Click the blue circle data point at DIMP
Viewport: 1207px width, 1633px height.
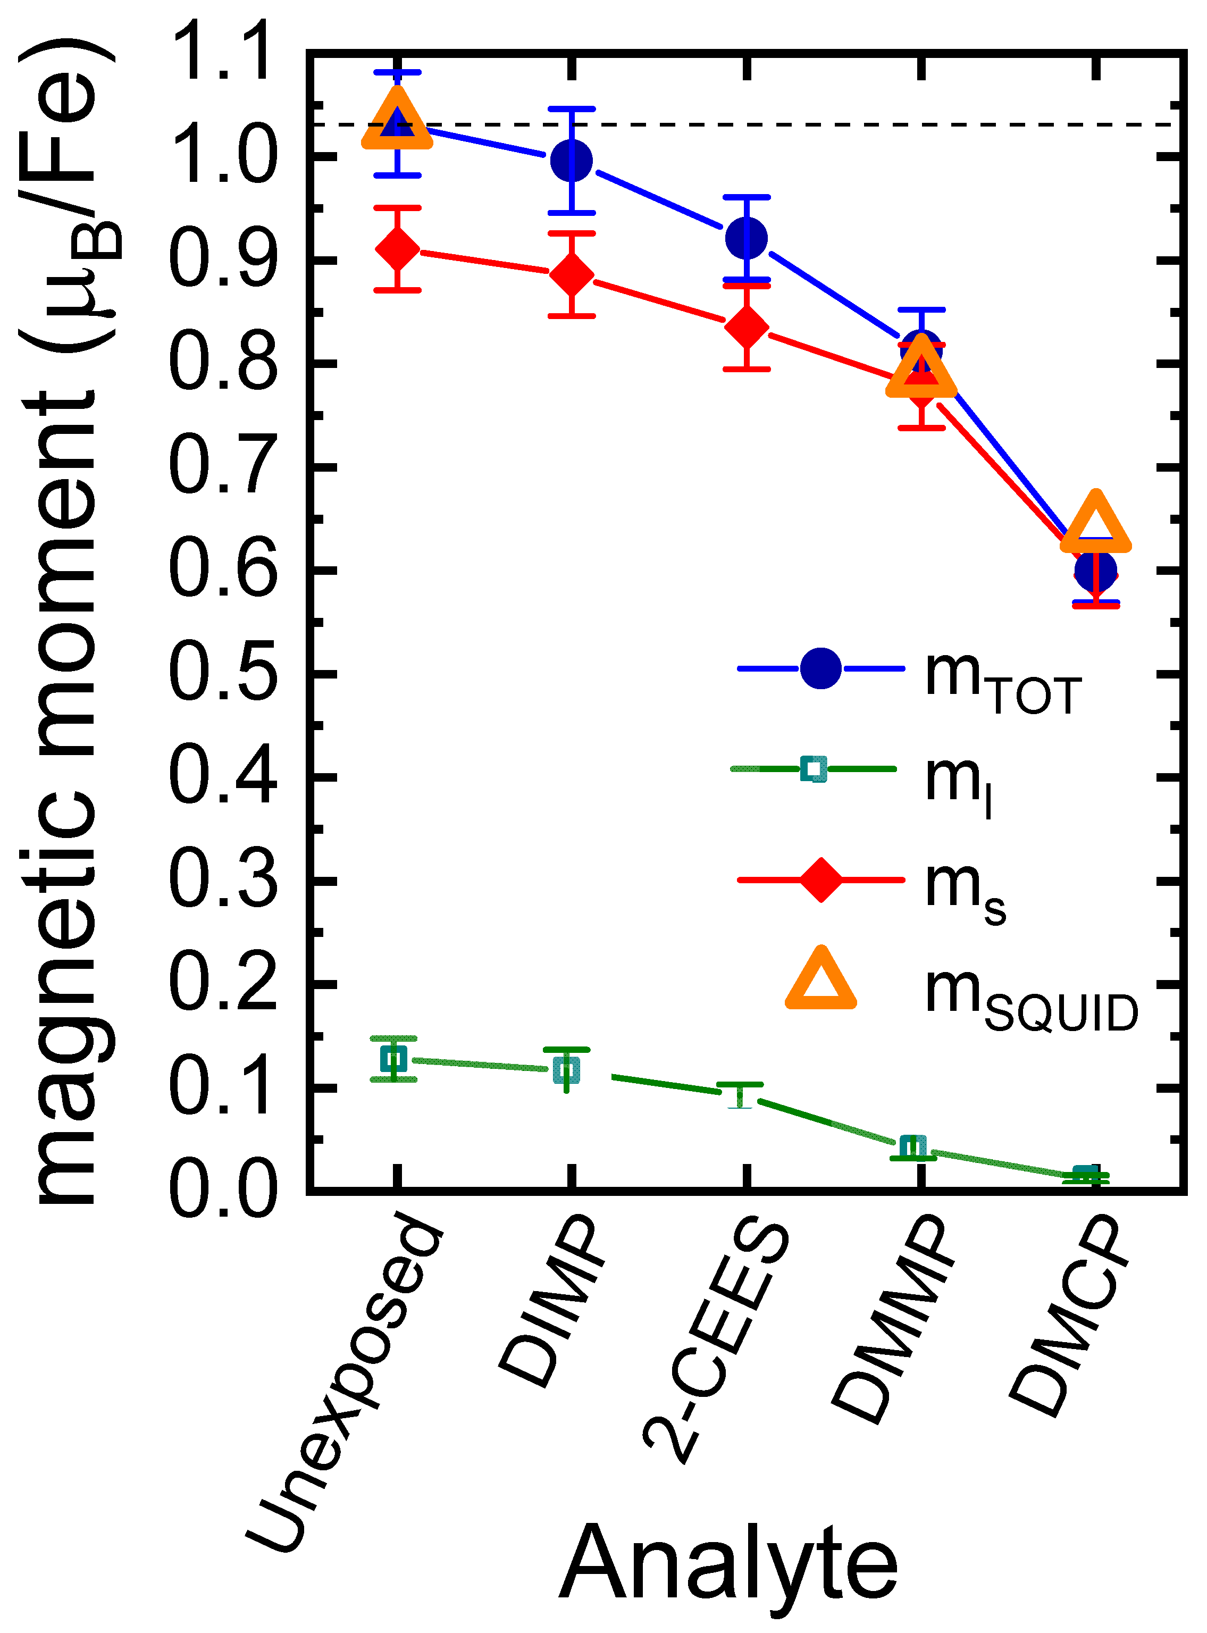coord(572,160)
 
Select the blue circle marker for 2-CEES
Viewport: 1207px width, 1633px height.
coord(746,238)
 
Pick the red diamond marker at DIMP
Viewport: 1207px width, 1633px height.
coord(572,275)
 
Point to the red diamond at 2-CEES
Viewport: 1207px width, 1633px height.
coord(746,328)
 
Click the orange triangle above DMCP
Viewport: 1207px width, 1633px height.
coord(1095,523)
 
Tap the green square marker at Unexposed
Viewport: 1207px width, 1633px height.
coord(394,1058)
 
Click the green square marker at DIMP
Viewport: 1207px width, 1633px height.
coord(567,1070)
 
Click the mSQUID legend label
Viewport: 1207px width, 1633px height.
coord(1030,998)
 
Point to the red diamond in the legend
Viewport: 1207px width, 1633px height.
coord(820,880)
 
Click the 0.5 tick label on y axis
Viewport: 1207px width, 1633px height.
coord(223,674)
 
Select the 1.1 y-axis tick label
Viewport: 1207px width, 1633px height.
coord(223,53)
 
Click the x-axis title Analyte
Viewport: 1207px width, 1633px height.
coord(728,1563)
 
